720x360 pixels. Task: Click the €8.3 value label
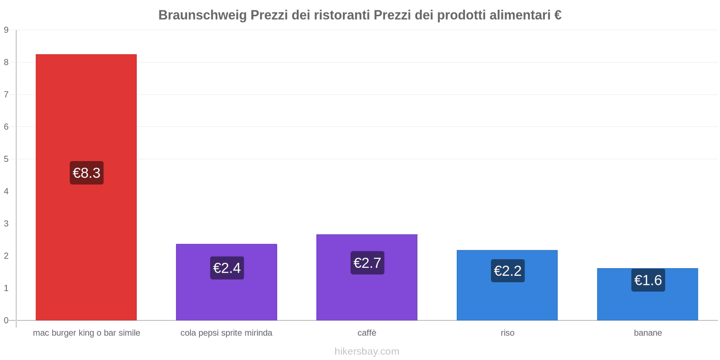86,173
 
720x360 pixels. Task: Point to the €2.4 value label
227,268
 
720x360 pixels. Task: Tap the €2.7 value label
367,263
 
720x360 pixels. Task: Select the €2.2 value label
508,271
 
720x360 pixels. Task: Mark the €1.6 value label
648,280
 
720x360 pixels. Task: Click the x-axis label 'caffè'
367,333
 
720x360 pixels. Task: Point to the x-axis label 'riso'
507,333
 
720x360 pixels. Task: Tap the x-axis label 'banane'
648,333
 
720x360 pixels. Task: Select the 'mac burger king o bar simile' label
86,333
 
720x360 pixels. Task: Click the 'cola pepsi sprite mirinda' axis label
226,333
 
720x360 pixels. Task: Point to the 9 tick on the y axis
6,30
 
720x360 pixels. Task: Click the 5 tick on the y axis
6,159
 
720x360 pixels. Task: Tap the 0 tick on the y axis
6,320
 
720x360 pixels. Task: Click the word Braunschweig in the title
202,15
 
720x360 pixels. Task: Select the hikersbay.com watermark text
367,351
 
